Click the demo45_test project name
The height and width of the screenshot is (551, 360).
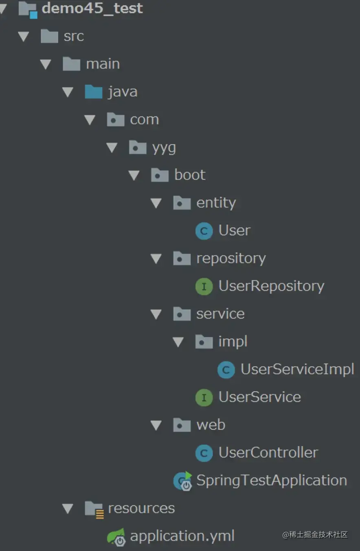point(92,8)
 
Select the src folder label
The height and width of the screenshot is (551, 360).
point(74,36)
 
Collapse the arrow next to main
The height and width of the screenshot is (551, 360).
point(46,64)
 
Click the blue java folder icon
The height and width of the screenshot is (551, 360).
point(94,92)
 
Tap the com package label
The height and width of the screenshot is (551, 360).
point(144,120)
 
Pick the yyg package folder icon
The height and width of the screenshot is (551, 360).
point(138,148)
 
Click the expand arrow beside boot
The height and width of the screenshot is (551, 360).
point(134,175)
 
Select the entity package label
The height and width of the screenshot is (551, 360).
point(216,203)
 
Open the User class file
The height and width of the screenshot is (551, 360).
point(234,230)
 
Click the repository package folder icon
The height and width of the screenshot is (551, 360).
point(182,258)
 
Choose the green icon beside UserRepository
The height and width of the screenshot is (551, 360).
point(204,286)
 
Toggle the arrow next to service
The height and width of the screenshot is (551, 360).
point(156,314)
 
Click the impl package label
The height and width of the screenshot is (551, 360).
point(233,341)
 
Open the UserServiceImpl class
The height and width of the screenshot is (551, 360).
point(297,369)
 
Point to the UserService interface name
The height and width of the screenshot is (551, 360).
point(259,397)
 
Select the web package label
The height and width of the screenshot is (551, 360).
point(211,425)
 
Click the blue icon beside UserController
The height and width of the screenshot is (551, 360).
point(204,453)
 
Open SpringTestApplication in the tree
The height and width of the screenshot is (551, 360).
point(271,480)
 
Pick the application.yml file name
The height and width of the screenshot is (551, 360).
point(182,536)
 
